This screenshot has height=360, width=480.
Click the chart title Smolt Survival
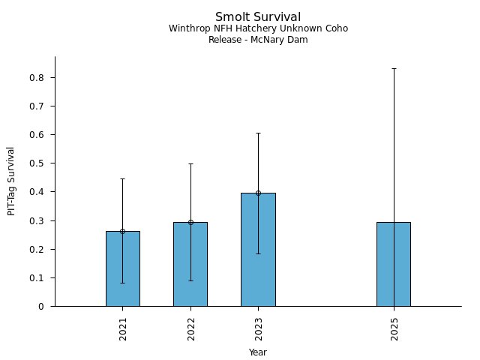pyautogui.click(x=258, y=17)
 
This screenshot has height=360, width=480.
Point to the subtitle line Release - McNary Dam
pyautogui.click(x=258, y=40)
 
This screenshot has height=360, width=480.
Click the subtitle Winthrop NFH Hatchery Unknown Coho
pyautogui.click(x=258, y=28)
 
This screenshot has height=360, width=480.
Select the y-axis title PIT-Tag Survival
pyautogui.click(x=11, y=181)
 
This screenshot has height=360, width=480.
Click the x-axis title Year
pyautogui.click(x=258, y=352)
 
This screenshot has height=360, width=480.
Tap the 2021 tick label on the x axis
pyautogui.click(x=123, y=328)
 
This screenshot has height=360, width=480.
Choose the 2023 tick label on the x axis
pyautogui.click(x=259, y=328)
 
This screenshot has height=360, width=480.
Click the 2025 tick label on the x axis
pyautogui.click(x=394, y=328)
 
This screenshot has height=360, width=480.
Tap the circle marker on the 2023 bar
pyautogui.click(x=258, y=193)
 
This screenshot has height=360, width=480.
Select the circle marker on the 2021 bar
pyautogui.click(x=122, y=231)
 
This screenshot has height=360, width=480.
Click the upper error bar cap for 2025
pyautogui.click(x=394, y=69)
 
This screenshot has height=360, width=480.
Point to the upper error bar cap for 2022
pyautogui.click(x=190, y=163)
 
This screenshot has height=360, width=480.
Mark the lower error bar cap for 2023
pyautogui.click(x=258, y=253)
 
